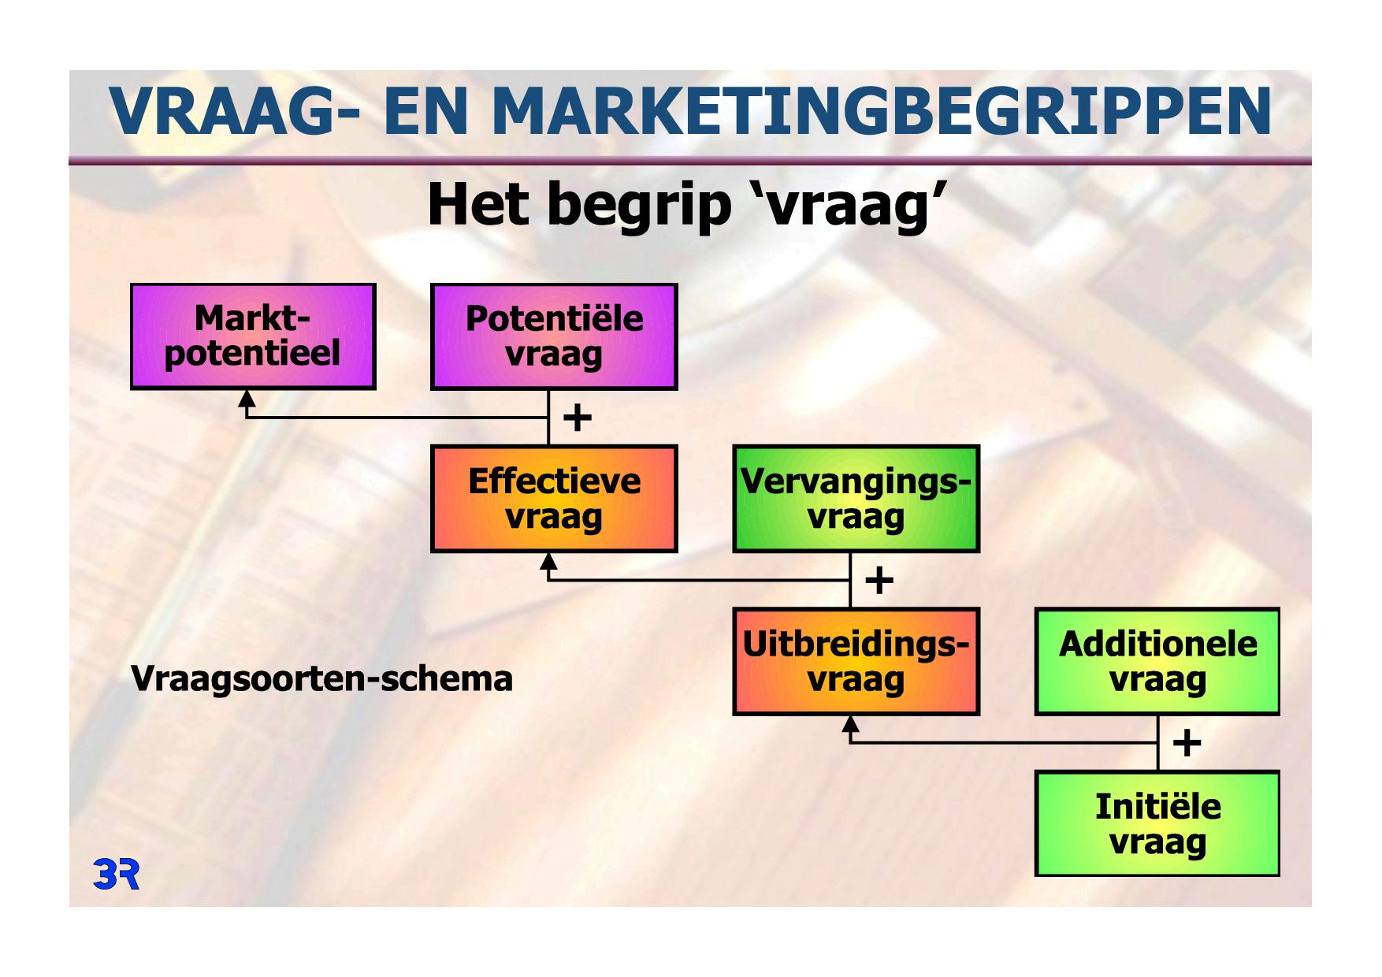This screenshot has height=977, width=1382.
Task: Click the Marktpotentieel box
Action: point(253,336)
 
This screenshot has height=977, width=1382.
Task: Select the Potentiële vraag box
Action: point(554,336)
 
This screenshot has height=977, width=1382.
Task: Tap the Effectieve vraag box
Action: point(554,499)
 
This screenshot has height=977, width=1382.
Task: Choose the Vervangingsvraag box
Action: point(856,499)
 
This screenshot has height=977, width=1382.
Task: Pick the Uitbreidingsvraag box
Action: point(856,662)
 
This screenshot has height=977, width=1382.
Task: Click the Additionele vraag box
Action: point(1157,662)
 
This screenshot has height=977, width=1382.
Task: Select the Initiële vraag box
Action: point(1157,824)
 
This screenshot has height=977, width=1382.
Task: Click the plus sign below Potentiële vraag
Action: point(578,418)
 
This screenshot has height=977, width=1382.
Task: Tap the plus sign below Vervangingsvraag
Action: point(879,581)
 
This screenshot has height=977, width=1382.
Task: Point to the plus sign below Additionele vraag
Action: point(1187,743)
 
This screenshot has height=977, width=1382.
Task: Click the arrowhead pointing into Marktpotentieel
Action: point(247,398)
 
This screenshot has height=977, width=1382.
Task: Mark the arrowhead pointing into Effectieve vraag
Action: point(548,561)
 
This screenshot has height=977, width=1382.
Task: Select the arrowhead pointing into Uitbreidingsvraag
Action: point(850,724)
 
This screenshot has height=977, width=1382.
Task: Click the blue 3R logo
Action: point(117,875)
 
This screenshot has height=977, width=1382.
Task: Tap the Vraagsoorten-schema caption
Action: point(321,678)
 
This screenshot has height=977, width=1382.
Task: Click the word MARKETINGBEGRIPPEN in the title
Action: point(882,111)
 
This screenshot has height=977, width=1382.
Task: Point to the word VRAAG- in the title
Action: point(235,111)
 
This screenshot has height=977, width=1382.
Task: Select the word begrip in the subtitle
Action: point(639,206)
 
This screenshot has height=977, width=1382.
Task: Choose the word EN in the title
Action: point(426,111)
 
